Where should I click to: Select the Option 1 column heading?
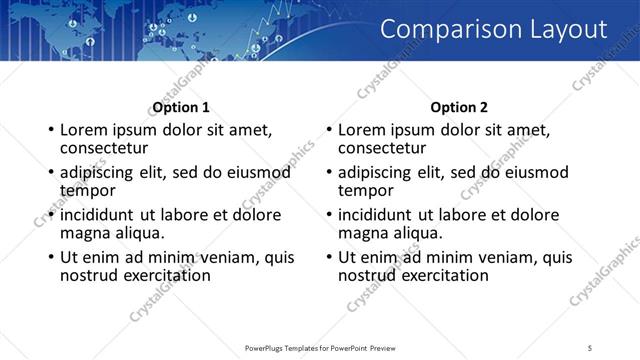(x=181, y=107)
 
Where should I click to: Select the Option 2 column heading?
(x=459, y=107)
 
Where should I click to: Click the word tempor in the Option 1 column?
(x=88, y=190)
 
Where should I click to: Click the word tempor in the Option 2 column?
(x=366, y=190)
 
